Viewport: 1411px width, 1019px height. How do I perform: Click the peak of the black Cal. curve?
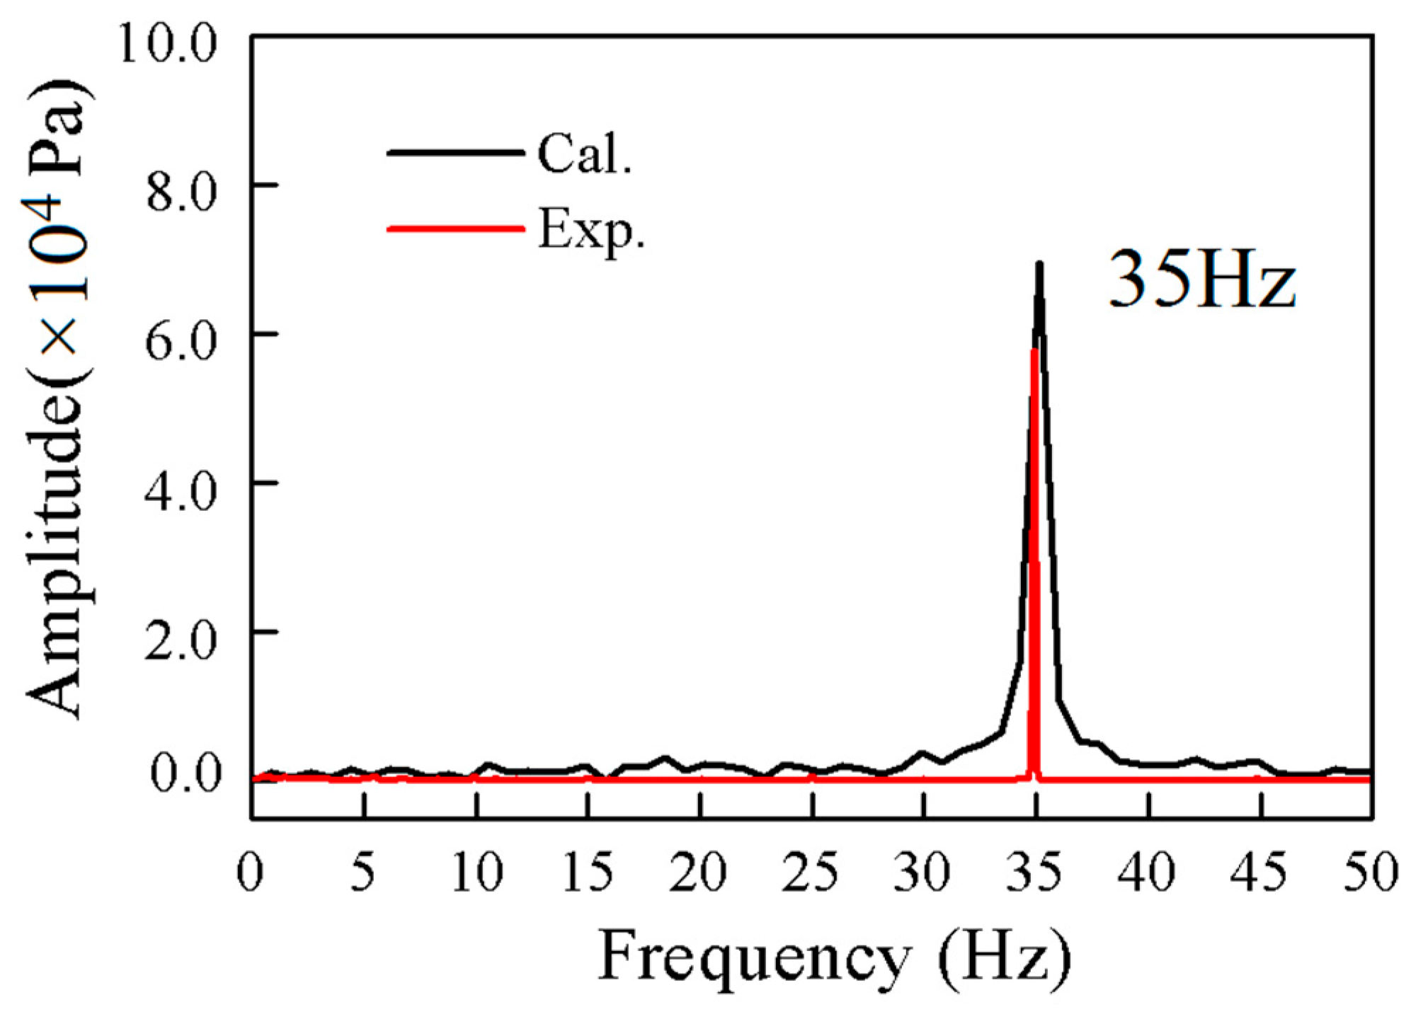tap(1039, 265)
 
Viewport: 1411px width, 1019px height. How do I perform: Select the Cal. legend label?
tap(583, 154)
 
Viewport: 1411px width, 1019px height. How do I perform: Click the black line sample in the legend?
tap(455, 152)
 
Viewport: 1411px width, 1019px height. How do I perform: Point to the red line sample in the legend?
tap(455, 229)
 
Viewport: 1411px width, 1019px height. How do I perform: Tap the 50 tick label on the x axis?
tap(1371, 872)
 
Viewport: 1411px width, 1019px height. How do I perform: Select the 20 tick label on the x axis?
tap(698, 872)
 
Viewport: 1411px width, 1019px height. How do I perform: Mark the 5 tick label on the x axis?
tap(362, 872)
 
